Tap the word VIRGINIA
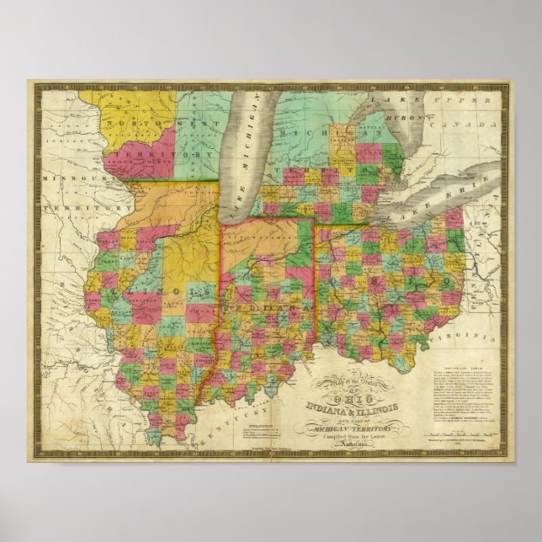(x=450, y=336)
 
